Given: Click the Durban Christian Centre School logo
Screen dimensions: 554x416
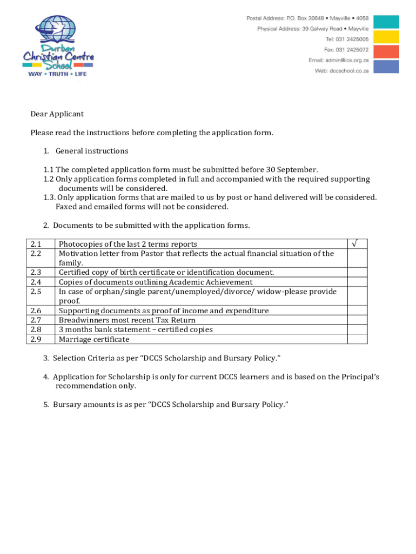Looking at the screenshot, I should click(x=58, y=47).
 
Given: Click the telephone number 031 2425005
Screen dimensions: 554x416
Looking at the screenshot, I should click(x=354, y=39).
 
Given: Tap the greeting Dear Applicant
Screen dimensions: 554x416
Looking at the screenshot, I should click(x=57, y=114).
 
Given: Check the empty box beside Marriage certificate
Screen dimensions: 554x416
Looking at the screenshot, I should click(x=357, y=339).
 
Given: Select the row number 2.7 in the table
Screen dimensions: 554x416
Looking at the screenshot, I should click(x=36, y=320).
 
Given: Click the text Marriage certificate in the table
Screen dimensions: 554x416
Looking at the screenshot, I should click(x=94, y=339).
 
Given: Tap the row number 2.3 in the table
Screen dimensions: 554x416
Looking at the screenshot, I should click(x=36, y=273).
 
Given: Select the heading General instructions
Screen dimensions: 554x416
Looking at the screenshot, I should click(x=92, y=151).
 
